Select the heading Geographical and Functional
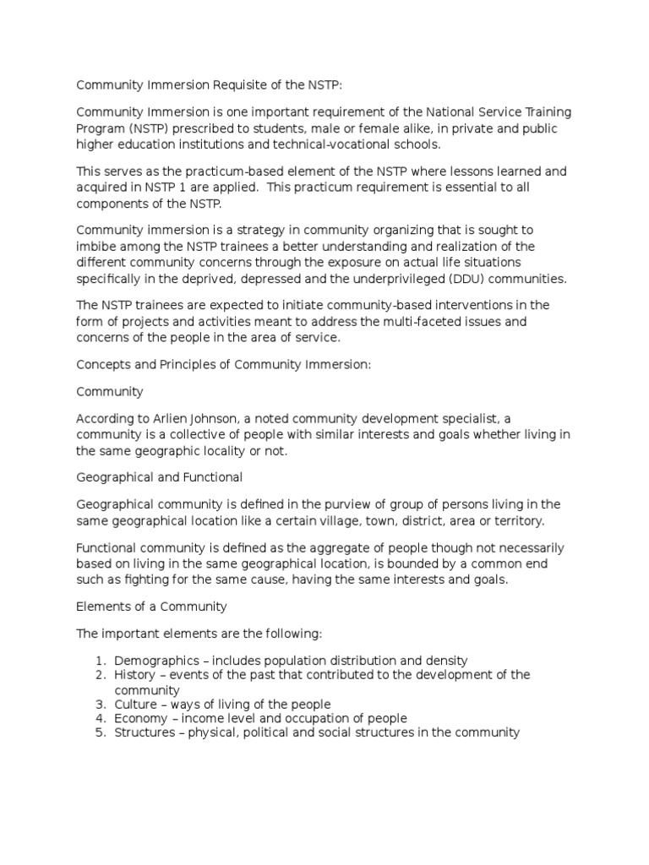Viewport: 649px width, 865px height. [160, 477]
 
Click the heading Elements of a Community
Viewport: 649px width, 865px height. [151, 607]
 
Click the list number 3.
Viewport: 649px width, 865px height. [98, 704]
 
